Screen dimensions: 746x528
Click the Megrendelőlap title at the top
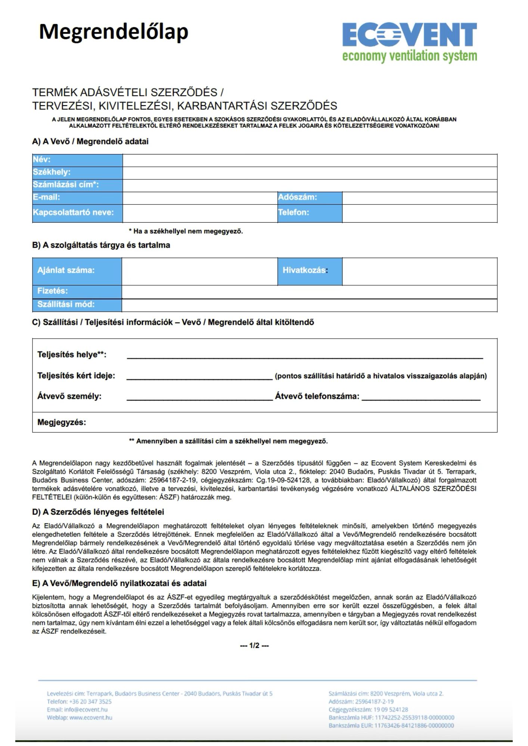click(114, 32)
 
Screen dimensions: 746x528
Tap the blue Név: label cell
click(77, 160)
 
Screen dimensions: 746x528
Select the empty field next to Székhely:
click(310, 173)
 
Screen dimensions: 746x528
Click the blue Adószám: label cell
click(310, 198)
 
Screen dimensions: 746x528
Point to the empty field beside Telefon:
click(419, 213)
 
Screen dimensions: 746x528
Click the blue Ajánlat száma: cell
click(77, 271)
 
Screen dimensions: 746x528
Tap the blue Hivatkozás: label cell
click(310, 271)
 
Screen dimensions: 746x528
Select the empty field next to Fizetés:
click(309, 292)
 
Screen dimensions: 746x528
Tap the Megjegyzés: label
click(62, 423)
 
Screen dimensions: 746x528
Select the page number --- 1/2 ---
click(254, 646)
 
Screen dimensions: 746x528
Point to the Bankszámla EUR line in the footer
click(391, 725)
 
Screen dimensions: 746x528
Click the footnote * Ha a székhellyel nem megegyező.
click(186, 231)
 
